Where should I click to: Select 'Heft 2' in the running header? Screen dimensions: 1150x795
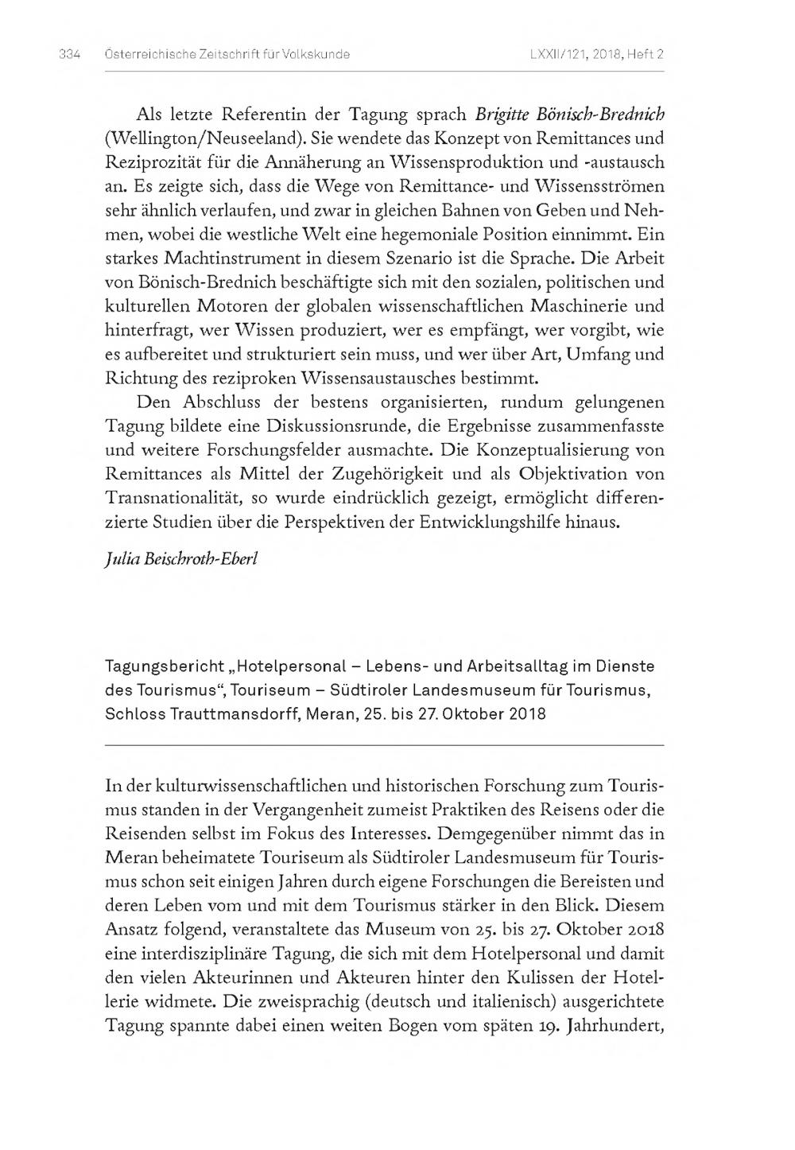[x=645, y=54]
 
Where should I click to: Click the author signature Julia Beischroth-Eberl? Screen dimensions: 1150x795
[x=182, y=558]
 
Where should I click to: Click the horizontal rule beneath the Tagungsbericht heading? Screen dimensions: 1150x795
[x=384, y=745]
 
